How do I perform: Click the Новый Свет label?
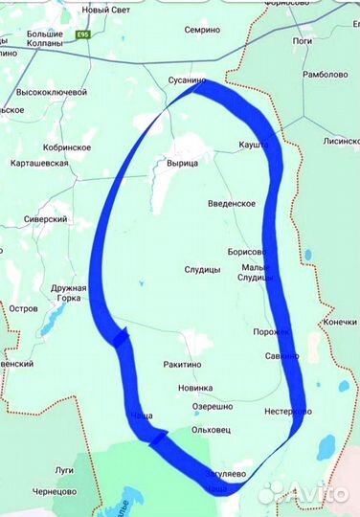[x=105, y=10]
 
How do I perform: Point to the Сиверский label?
[x=45, y=219]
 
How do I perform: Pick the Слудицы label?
[x=202, y=270]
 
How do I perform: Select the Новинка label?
[x=195, y=388]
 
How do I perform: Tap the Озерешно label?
[x=212, y=407]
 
